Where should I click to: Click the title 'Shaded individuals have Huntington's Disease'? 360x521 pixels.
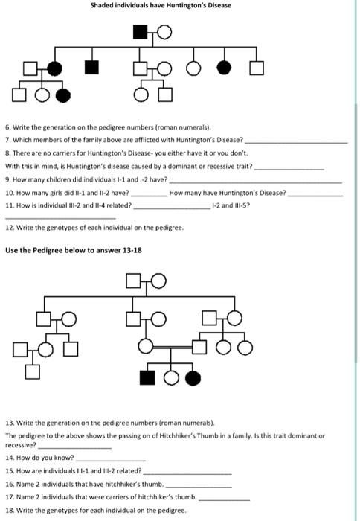pyautogui.click(x=161, y=6)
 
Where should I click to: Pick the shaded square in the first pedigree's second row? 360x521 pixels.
pyautogui.click(x=91, y=68)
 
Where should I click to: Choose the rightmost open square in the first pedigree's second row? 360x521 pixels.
pyautogui.click(x=257, y=68)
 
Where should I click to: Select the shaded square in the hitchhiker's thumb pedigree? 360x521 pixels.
pyautogui.click(x=148, y=378)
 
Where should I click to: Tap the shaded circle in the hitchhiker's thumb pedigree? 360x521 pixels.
pyautogui.click(x=194, y=378)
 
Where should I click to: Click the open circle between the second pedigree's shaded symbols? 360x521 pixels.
pyautogui.click(x=170, y=378)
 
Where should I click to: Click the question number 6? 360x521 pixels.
pyautogui.click(x=7, y=128)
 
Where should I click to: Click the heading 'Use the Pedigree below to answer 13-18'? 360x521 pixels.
pyautogui.click(x=74, y=250)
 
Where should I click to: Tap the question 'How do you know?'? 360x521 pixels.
pyautogui.click(x=45, y=457)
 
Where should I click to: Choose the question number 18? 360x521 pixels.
pyautogui.click(x=9, y=511)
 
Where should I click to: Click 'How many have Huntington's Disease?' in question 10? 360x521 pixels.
pyautogui.click(x=228, y=193)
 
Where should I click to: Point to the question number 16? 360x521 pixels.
pyautogui.click(x=9, y=484)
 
